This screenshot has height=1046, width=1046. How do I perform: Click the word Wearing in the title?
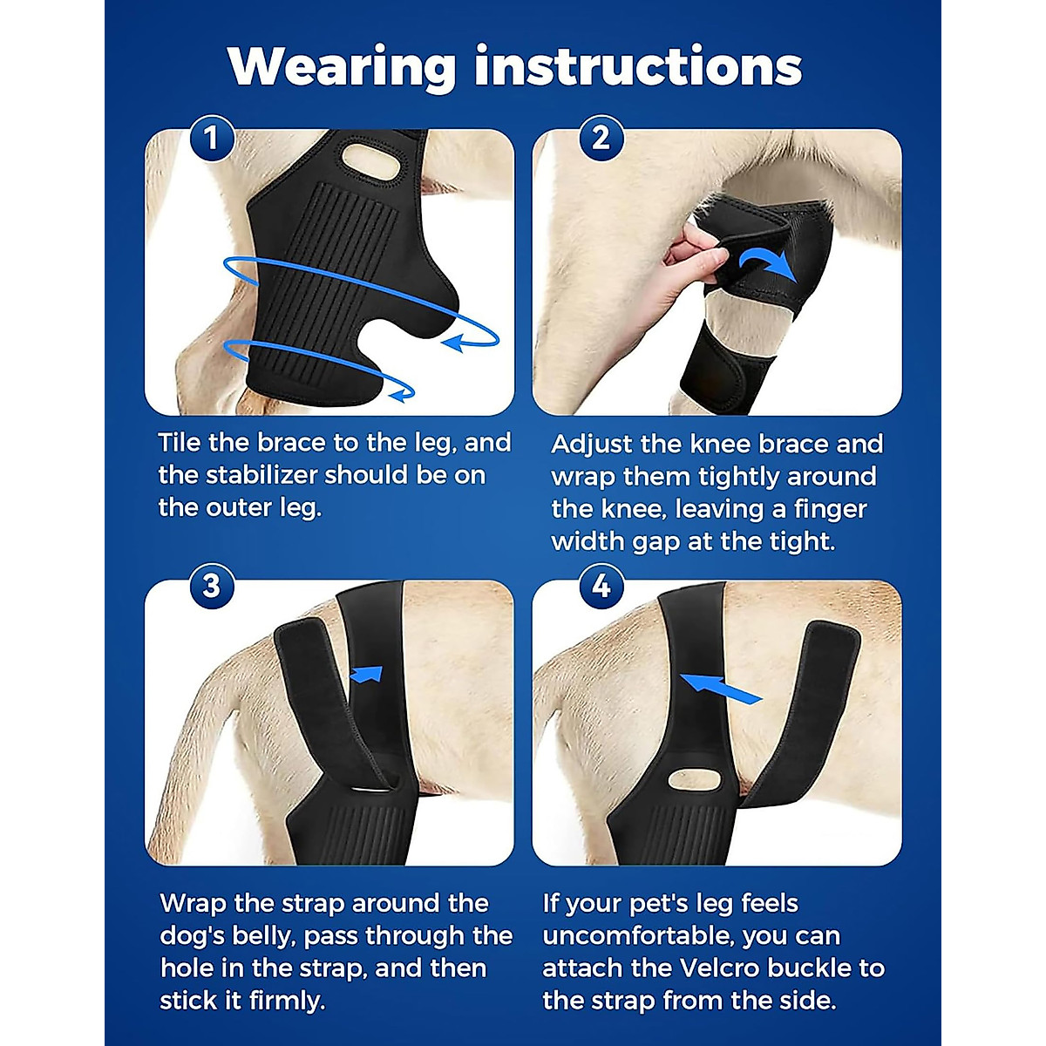342,67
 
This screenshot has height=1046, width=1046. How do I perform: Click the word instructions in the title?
638,67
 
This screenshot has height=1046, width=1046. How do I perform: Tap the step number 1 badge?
211,138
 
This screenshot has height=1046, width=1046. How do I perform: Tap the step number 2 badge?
601,138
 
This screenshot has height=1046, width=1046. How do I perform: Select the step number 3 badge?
211,585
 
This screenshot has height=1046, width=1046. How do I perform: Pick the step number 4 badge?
601,585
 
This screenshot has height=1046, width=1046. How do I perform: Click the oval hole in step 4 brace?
703,778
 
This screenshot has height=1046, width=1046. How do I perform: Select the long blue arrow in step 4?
720,688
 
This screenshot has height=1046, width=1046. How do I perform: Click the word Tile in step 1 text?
180,443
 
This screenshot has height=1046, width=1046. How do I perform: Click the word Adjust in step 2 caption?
592,444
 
